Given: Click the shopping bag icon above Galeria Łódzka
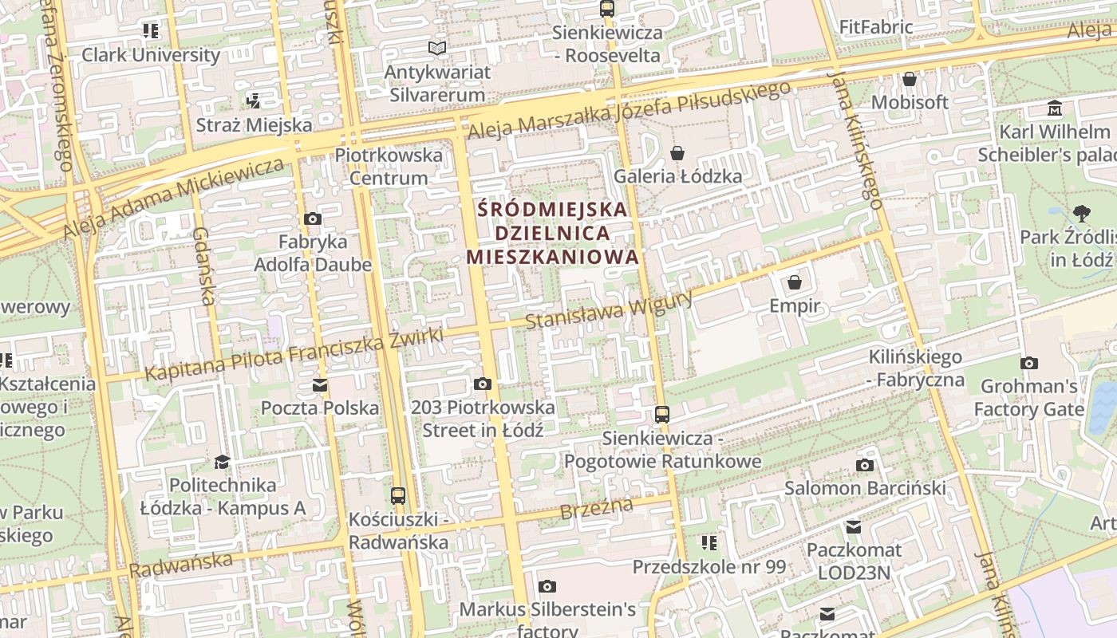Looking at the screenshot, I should (677, 152).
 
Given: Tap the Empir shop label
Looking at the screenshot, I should (794, 305).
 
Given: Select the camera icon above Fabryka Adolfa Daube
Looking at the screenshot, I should (313, 219).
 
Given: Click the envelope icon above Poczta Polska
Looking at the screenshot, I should (320, 385).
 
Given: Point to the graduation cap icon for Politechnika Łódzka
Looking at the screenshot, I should (222, 462).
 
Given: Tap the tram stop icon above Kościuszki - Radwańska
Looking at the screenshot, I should (398, 495).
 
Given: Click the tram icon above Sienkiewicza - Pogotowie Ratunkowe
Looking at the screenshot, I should (661, 414).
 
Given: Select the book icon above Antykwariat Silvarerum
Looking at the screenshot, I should (436, 49).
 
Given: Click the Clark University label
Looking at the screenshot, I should (151, 55).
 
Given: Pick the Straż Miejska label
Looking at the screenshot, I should (254, 125).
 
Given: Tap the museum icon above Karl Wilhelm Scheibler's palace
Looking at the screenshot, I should (1055, 108).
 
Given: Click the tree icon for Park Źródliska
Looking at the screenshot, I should (1081, 213).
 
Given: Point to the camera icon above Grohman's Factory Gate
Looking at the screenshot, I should (1029, 363).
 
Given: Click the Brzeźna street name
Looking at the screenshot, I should (596, 508).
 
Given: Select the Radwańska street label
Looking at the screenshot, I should (181, 565).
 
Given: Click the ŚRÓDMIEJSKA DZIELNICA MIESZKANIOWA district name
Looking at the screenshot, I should (553, 233).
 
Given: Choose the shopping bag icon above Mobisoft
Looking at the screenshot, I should (910, 79).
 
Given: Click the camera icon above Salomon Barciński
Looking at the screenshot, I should (864, 465).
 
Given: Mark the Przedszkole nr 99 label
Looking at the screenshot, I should (708, 567).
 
